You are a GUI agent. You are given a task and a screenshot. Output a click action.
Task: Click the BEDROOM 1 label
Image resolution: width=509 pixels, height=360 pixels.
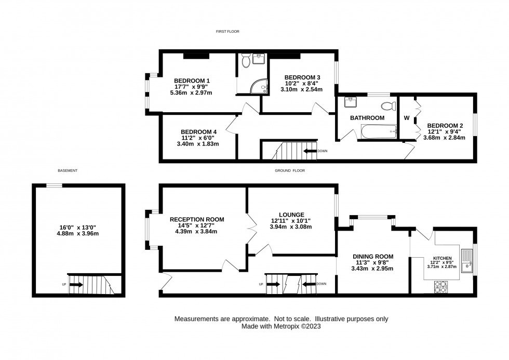click(x=192, y=81)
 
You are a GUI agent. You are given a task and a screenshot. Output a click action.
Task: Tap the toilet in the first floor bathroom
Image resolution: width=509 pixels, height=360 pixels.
click(x=389, y=106)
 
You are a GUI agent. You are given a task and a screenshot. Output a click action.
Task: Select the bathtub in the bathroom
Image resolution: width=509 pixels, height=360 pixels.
click(x=379, y=131)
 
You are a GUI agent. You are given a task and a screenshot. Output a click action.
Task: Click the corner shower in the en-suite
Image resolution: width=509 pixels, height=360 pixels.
click(x=259, y=86)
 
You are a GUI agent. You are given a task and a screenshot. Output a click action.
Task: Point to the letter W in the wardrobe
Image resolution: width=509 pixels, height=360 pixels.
click(x=407, y=118)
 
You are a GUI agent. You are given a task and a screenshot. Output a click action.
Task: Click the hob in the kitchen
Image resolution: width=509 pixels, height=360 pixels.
click(x=441, y=287)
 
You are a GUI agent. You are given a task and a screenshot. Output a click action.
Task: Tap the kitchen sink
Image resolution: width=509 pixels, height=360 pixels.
click(x=467, y=261)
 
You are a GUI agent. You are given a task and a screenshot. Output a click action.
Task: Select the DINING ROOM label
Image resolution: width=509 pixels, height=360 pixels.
click(x=373, y=257)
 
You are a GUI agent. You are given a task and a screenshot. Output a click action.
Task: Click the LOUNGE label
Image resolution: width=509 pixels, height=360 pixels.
click(x=291, y=215)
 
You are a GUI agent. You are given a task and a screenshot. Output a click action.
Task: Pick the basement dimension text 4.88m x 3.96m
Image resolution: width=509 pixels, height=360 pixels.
click(x=77, y=233)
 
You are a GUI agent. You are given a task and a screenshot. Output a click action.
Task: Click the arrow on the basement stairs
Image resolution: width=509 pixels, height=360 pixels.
click(x=76, y=285)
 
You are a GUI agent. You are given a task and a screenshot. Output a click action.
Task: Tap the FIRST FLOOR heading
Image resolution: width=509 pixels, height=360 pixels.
click(x=227, y=32)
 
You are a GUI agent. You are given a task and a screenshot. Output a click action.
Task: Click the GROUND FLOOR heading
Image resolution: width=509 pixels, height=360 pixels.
click(x=290, y=170)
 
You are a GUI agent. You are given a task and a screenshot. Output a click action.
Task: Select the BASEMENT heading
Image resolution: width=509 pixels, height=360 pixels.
click(x=68, y=170)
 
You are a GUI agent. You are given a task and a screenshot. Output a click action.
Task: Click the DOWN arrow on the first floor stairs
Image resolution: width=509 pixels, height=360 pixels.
click(x=310, y=151)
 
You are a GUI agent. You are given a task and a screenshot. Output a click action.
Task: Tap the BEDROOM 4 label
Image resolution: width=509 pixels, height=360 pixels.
click(x=198, y=132)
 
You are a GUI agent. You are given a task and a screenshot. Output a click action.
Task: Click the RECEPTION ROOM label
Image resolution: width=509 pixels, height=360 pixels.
click(x=197, y=220)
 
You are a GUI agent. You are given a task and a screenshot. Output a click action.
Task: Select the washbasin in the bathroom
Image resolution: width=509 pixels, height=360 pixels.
click(x=351, y=102)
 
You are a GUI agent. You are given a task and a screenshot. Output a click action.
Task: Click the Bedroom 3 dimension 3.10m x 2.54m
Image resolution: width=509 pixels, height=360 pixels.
click(x=302, y=89)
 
